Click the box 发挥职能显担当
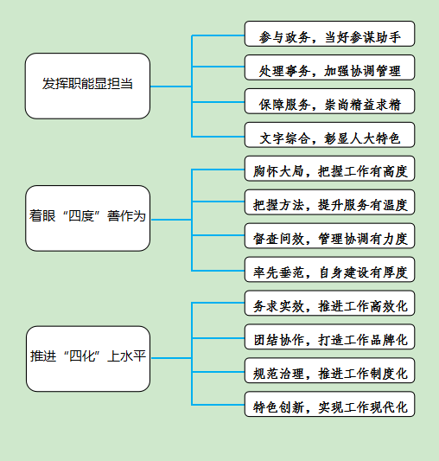pyautogui.click(x=87, y=86)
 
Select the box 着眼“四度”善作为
pyautogui.click(x=87, y=218)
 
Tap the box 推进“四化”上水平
pyautogui.click(x=88, y=359)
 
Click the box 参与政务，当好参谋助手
pyautogui.click(x=330, y=34)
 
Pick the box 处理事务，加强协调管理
pyautogui.click(x=330, y=67)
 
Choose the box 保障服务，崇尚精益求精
pyautogui.click(x=330, y=101)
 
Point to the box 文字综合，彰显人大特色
pyautogui.click(x=330, y=135)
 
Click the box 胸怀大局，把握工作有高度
pyautogui.click(x=330, y=169)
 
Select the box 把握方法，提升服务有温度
pyautogui.click(x=330, y=202)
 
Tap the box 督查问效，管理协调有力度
pyautogui.click(x=330, y=236)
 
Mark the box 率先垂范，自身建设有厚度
pyautogui.click(x=330, y=269)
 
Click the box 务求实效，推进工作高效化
pyautogui.click(x=330, y=303)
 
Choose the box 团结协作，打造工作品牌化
pyautogui.click(x=330, y=336)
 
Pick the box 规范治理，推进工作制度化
pyautogui.click(x=330, y=370)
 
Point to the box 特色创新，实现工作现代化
pyautogui.click(x=330, y=404)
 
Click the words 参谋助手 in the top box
pyautogui.click(x=375, y=37)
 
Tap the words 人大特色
pyautogui.click(x=375, y=138)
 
